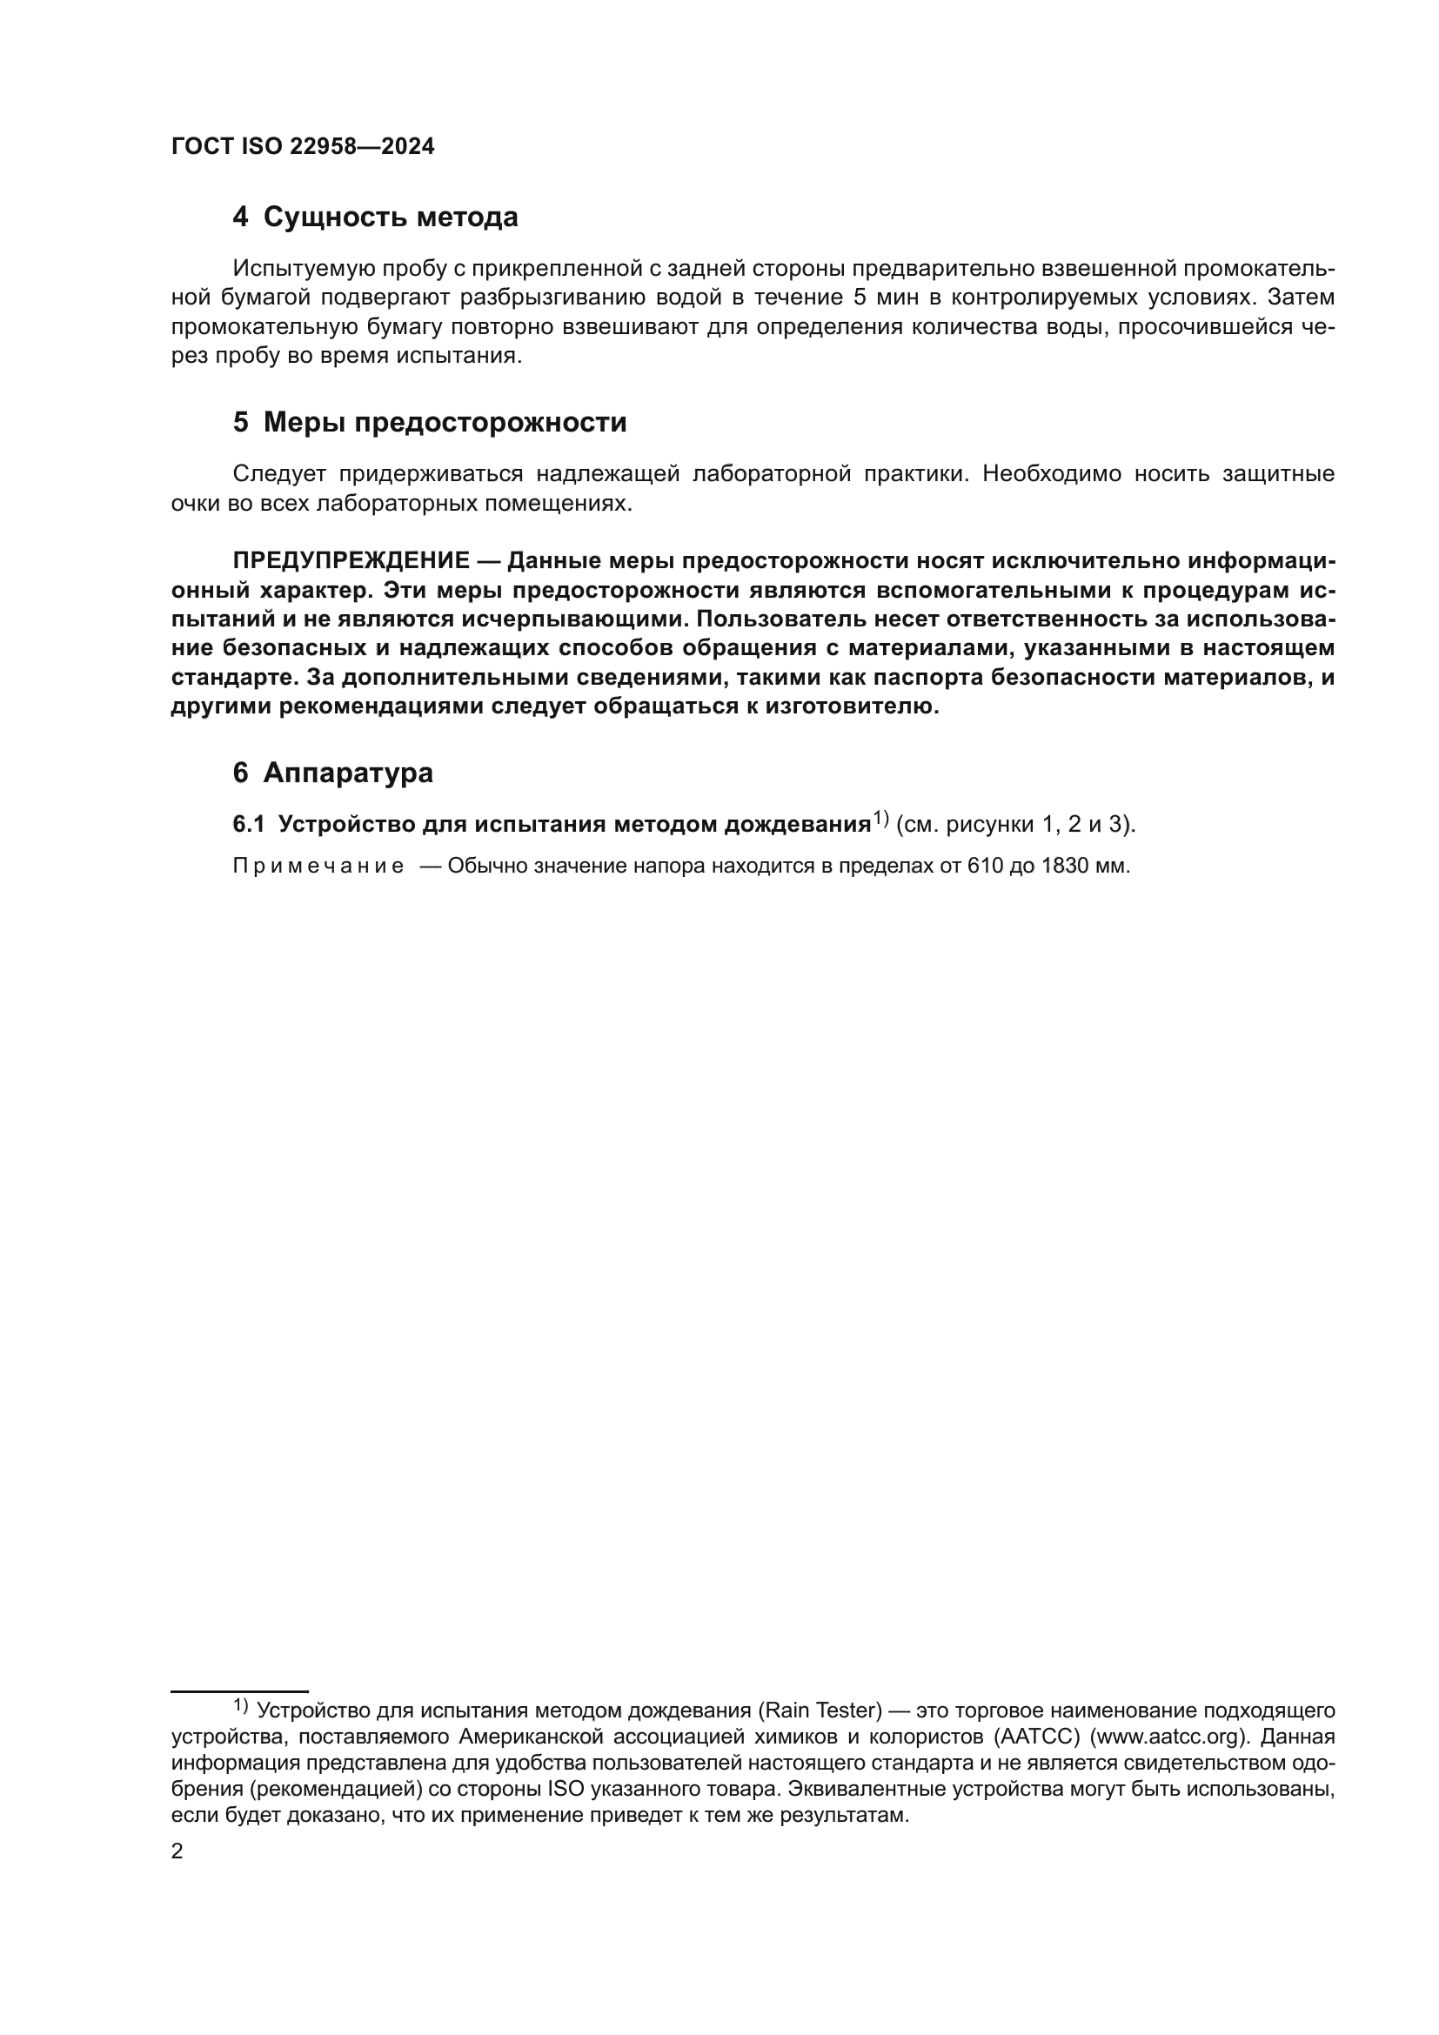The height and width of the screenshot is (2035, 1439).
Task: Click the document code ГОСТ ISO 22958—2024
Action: (x=302, y=147)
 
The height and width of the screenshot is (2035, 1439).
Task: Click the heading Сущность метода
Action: (x=390, y=218)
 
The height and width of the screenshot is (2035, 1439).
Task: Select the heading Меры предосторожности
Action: (x=444, y=423)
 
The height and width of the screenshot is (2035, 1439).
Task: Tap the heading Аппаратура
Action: (x=347, y=773)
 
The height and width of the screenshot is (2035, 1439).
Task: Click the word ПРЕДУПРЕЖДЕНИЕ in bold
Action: (x=351, y=561)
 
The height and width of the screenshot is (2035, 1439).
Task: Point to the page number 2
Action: (x=177, y=1851)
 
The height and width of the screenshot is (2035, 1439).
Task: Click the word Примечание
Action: (x=318, y=866)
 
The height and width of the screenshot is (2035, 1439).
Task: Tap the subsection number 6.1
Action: (x=249, y=824)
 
